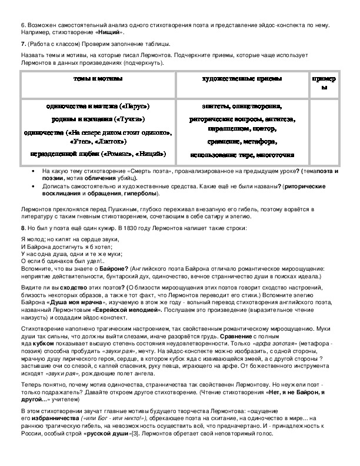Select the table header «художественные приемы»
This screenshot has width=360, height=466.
241,79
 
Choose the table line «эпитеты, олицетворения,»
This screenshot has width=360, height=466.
241,106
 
